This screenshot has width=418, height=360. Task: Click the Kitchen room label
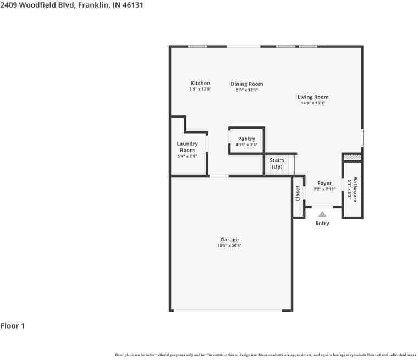[200, 83]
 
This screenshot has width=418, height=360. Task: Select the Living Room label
[313, 97]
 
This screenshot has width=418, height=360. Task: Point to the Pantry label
[246, 139]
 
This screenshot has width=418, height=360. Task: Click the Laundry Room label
[187, 147]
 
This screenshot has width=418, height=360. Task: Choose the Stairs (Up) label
[277, 163]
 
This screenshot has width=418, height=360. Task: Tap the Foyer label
[324, 183]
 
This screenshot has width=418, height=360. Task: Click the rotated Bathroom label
[355, 189]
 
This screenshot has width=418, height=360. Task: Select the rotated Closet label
[298, 193]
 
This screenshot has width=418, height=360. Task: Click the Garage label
[229, 240]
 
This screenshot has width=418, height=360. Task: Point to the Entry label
[322, 223]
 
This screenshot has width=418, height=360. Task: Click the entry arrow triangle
[322, 214]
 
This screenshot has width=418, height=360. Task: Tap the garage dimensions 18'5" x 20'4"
[230, 246]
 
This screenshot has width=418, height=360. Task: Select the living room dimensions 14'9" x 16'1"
[313, 103]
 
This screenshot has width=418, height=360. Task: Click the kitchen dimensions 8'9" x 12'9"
[200, 89]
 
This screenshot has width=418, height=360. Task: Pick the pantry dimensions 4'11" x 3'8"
[246, 145]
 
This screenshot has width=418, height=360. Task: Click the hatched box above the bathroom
[353, 158]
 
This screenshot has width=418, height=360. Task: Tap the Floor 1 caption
[13, 326]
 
